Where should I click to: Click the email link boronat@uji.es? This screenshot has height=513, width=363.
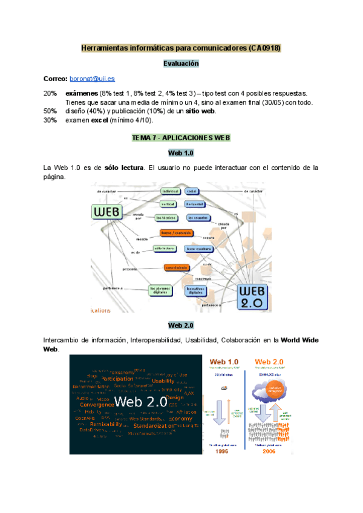(x=92, y=79)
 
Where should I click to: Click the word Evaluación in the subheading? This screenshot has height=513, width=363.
(x=181, y=63)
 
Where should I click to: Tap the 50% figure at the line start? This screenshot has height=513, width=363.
(x=50, y=111)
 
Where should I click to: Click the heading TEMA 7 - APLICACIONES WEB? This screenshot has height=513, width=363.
(x=181, y=138)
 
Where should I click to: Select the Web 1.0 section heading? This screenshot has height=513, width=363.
(x=181, y=152)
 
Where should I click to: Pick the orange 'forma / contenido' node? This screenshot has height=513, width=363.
(x=175, y=233)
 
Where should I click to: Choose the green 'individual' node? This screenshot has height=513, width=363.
(x=171, y=191)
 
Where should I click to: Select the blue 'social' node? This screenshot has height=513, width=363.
(x=192, y=191)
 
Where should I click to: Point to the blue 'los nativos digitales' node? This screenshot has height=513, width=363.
(x=198, y=290)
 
